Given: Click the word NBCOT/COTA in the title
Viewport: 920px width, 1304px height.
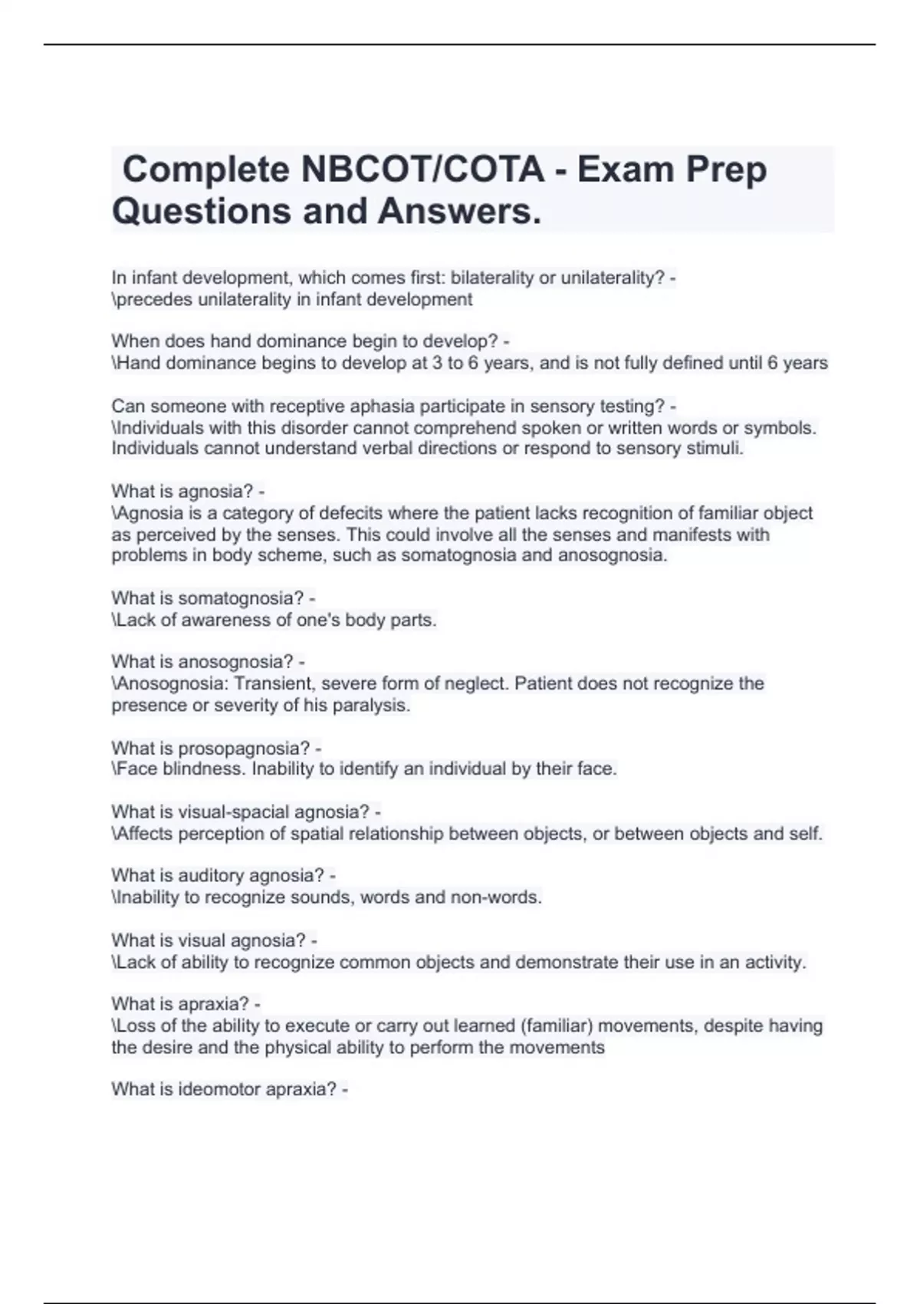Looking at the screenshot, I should [x=422, y=170].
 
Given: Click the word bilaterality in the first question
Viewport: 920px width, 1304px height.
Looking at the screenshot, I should [x=491, y=278].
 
